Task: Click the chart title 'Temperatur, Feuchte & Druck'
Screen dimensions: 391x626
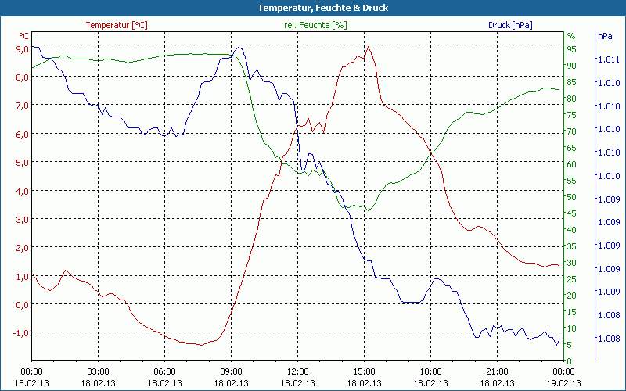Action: point(312,8)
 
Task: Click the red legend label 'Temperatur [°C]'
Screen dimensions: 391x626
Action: point(117,25)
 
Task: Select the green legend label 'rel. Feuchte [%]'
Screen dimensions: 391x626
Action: point(315,25)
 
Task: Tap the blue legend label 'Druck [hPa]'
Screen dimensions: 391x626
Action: point(510,25)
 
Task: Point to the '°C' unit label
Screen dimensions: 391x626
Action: point(24,36)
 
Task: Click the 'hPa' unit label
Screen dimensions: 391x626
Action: point(605,36)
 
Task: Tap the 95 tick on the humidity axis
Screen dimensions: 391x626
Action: point(571,48)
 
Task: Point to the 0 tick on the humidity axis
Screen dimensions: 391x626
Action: point(569,361)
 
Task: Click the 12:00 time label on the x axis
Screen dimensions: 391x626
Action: point(297,371)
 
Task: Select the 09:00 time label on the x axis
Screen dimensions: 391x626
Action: point(231,371)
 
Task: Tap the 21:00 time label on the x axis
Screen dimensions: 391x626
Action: point(497,371)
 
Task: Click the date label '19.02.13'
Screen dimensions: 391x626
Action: point(563,383)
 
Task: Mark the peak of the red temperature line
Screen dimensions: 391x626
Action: point(368,47)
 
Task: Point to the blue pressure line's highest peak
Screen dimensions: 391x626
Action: point(239,48)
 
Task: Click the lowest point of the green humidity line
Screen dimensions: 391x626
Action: point(369,210)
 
